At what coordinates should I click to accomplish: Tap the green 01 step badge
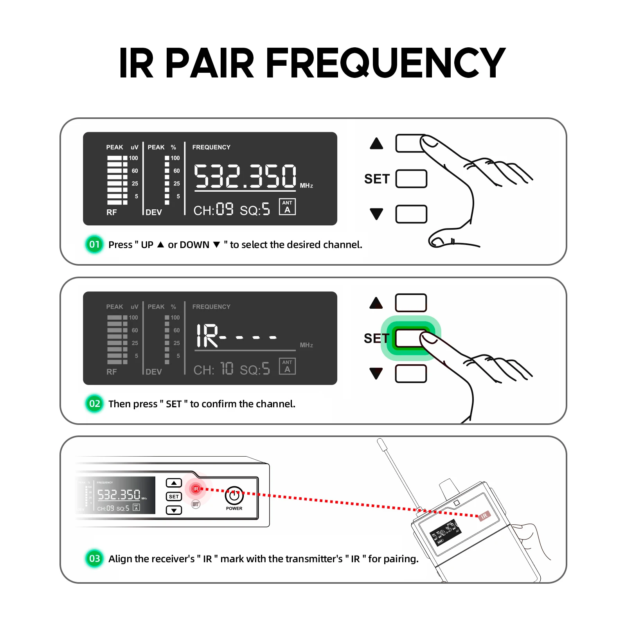click(94, 245)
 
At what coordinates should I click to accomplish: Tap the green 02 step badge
click(94, 403)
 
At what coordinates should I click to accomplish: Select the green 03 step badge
click(94, 558)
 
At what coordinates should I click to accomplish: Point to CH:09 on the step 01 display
click(213, 210)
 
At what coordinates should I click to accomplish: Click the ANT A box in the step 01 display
click(287, 207)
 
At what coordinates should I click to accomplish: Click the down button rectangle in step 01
click(411, 214)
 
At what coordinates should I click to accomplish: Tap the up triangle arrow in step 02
click(376, 303)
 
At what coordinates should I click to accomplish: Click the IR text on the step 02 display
click(207, 336)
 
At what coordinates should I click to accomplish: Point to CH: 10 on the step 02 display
click(213, 369)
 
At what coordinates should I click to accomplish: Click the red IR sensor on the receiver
click(196, 489)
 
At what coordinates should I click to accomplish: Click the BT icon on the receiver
click(196, 504)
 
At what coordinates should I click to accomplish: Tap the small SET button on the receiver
click(174, 496)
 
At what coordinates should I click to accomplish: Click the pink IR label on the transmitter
click(484, 516)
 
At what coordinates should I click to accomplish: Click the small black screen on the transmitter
click(446, 532)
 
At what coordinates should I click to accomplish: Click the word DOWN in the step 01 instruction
click(189, 245)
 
